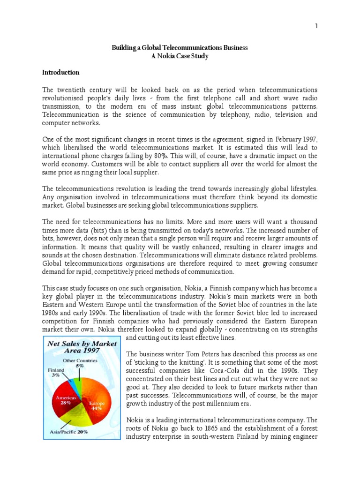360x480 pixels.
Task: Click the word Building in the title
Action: click(123, 48)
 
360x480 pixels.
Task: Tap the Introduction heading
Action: click(61, 73)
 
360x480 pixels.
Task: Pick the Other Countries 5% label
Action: click(81, 363)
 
